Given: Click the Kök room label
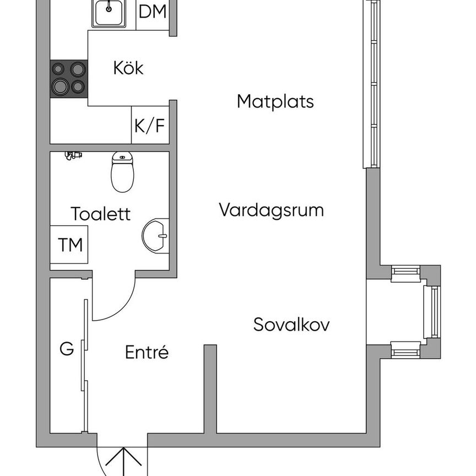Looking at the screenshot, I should (128, 68).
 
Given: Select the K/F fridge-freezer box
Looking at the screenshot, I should (150, 126).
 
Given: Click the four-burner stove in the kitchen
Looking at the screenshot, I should (69, 78).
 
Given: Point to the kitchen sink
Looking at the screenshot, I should (109, 12).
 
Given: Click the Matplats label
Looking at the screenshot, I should (275, 101).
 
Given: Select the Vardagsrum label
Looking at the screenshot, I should (271, 210).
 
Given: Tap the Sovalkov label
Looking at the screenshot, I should (291, 324).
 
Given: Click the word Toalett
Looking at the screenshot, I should (101, 214).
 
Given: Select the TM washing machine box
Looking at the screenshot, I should (71, 245).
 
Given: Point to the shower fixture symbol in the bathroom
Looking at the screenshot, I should (73, 155).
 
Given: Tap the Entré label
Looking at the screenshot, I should (147, 352).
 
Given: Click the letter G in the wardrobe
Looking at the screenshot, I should (67, 349).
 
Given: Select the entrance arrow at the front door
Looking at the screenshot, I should (122, 463).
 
